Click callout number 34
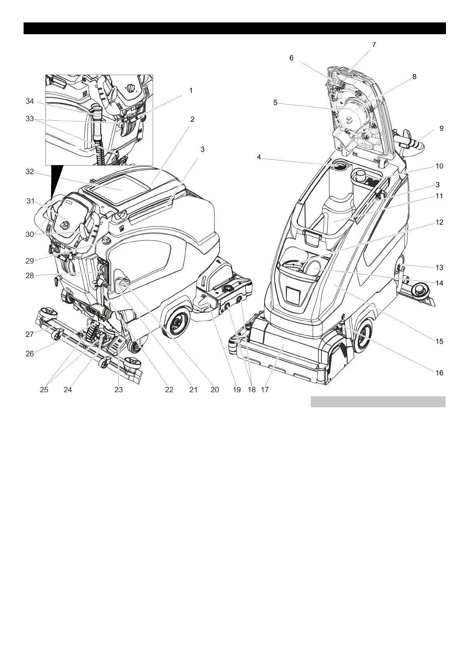(x=30, y=101)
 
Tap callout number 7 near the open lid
(x=374, y=45)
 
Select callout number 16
(x=439, y=373)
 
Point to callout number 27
(x=30, y=335)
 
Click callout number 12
(x=439, y=222)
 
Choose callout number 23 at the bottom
(x=119, y=390)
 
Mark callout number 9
(x=441, y=128)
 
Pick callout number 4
(x=259, y=157)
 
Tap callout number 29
(x=30, y=260)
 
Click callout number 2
(x=193, y=119)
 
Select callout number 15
(x=439, y=341)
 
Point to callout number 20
(x=215, y=390)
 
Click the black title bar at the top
(x=235, y=28)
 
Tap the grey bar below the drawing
(x=378, y=402)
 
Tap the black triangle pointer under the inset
(x=57, y=181)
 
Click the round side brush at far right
(x=420, y=291)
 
